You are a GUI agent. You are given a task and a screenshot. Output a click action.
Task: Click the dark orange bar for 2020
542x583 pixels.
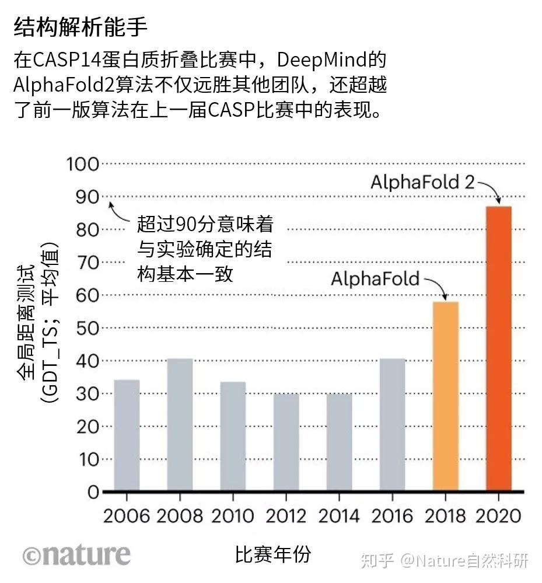pos(499,348)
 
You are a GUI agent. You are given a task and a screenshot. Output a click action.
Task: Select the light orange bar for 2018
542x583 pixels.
pos(446,396)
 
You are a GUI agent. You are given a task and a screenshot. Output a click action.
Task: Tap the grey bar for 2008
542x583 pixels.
pos(180,425)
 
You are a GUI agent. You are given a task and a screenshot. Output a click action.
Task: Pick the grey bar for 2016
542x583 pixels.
pos(392,425)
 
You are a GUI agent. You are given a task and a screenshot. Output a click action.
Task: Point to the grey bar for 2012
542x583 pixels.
pos(286,442)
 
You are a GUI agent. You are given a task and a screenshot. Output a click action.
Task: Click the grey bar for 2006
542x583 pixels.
pos(127,435)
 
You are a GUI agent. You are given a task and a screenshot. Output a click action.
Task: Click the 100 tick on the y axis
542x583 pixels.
pos(83,164)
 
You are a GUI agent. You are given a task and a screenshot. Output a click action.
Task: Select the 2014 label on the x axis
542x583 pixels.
pos(339,516)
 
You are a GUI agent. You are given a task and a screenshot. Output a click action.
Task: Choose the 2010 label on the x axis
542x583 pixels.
pos(232,516)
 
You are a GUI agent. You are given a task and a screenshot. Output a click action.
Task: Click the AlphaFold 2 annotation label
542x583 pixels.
pos(422,182)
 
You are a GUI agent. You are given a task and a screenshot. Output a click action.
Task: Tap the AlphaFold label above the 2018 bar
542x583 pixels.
pos(375,278)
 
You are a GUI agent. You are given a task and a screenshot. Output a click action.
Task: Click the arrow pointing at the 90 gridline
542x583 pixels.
pos(119,213)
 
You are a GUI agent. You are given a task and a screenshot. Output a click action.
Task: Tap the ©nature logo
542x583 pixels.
pos(76,554)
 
